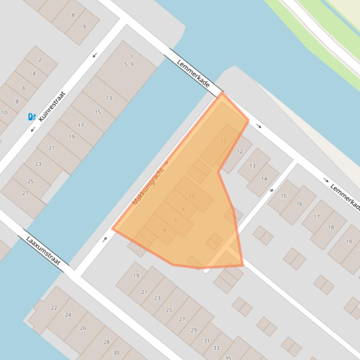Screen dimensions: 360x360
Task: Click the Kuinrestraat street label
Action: pyautogui.click(x=51, y=107)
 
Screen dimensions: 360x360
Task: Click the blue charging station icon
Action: pyautogui.click(x=32, y=117)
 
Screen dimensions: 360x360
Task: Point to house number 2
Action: pyautogui.click(x=40, y=60)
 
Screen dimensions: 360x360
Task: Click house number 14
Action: pyautogui.click(x=264, y=179)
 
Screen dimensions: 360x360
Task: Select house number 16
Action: pyautogui.click(x=299, y=204)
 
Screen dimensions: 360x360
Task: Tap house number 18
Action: pyautogui.click(x=331, y=227)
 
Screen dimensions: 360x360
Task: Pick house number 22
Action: pyautogui.click(x=54, y=308)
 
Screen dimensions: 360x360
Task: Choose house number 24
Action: pyautogui.click(x=68, y=315)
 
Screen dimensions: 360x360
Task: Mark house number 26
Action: pyautogui.click(x=83, y=328)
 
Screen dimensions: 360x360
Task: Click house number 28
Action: pyautogui.click(x=106, y=342)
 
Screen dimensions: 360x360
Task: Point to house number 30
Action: pyautogui.click(x=116, y=353)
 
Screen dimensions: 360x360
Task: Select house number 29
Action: pyautogui.click(x=194, y=330)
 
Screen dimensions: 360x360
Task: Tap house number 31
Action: pyautogui.click(x=206, y=341)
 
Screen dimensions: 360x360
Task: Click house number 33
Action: pyautogui.click(x=216, y=348)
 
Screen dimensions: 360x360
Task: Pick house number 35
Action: pyautogui.click(x=228, y=358)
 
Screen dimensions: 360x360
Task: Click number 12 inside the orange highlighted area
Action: pyautogui.click(x=223, y=140)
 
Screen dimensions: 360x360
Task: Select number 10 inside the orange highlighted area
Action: pyautogui.click(x=191, y=196)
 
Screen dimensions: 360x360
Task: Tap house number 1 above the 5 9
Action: pyautogui.click(x=132, y=57)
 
